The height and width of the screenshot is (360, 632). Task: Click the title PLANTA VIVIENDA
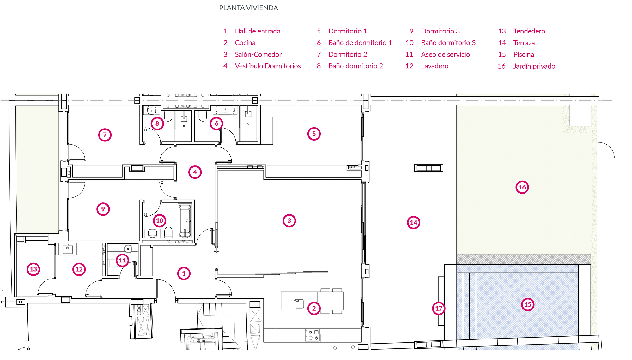click(249, 8)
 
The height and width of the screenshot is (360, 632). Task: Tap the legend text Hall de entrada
click(258, 31)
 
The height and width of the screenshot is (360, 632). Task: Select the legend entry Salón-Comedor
click(258, 54)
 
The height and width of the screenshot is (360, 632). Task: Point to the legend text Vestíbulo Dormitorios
click(268, 66)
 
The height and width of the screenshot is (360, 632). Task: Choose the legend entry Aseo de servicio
click(446, 54)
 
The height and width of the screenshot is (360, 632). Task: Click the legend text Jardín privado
click(534, 66)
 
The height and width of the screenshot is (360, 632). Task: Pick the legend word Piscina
click(524, 54)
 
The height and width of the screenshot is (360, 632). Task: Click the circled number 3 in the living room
click(289, 221)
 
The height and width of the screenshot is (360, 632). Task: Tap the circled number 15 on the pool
click(528, 304)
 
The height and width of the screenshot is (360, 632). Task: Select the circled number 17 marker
click(439, 308)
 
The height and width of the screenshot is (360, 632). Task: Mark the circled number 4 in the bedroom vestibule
click(195, 172)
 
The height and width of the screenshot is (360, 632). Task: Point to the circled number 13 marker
click(33, 269)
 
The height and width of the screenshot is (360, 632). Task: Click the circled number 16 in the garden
click(522, 187)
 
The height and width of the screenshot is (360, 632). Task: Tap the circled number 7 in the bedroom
click(105, 135)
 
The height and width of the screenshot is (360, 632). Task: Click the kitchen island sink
click(299, 303)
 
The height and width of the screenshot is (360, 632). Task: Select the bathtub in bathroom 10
click(185, 221)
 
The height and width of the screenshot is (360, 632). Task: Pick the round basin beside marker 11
click(128, 249)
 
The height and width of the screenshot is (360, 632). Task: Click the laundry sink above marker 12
click(68, 249)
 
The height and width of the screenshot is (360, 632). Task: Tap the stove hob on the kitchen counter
click(312, 335)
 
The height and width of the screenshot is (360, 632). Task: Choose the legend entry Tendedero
click(529, 31)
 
